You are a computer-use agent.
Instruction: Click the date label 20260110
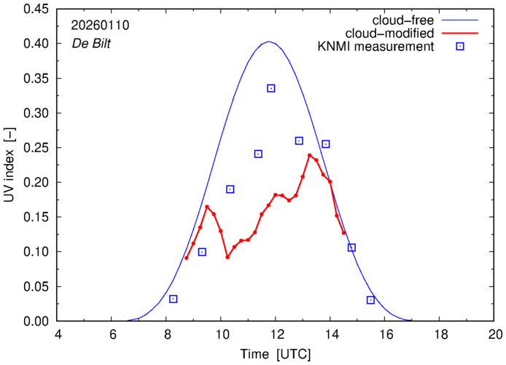(100, 25)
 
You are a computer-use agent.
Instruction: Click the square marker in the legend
(460, 47)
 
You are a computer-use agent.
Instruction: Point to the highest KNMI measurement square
(270, 88)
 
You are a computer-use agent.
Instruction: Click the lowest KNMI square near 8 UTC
(174, 299)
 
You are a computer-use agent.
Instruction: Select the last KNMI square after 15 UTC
(370, 300)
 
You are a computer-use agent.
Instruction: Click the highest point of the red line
(310, 155)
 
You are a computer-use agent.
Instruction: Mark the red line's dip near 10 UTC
(227, 257)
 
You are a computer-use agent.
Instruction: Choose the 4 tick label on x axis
(58, 334)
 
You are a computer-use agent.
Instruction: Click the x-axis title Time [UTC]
(276, 353)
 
